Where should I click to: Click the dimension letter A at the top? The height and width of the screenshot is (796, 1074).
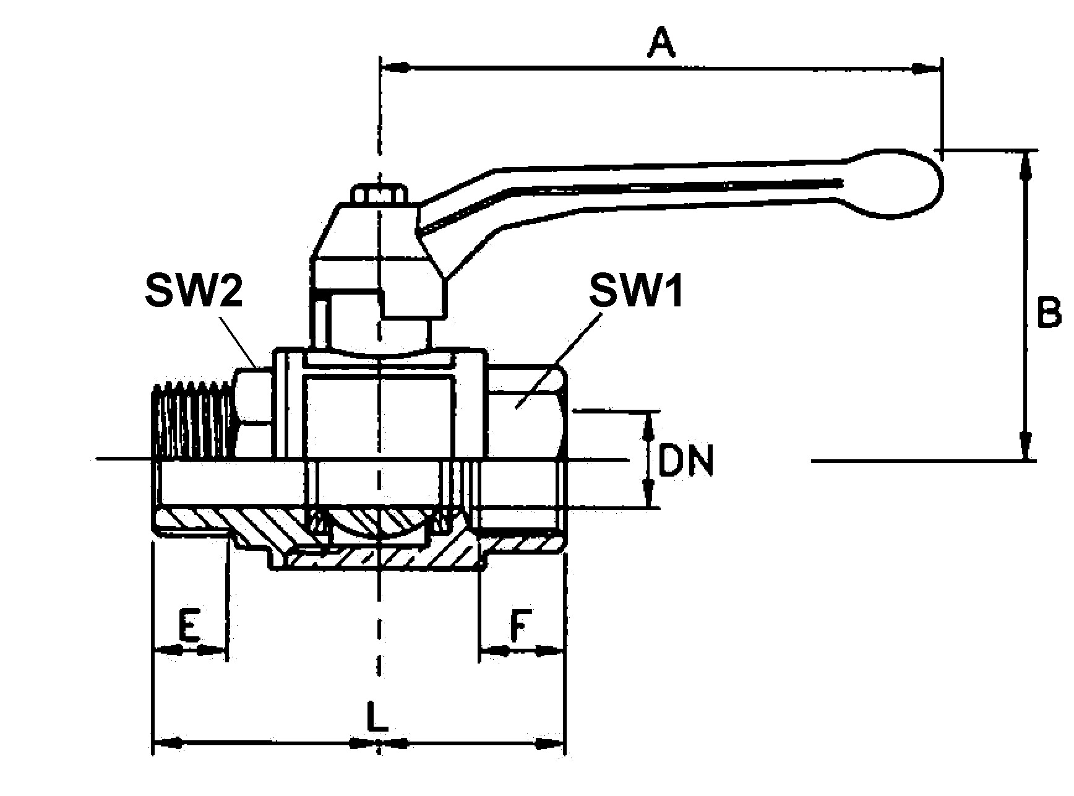(661, 46)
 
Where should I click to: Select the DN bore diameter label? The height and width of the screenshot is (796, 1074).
(685, 461)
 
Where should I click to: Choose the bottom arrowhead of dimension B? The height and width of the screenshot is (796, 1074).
(1026, 446)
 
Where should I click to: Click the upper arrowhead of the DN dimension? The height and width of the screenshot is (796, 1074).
(648, 423)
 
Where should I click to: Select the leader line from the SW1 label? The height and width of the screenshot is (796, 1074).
(557, 359)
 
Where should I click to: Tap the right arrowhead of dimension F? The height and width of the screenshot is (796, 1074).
(549, 651)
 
